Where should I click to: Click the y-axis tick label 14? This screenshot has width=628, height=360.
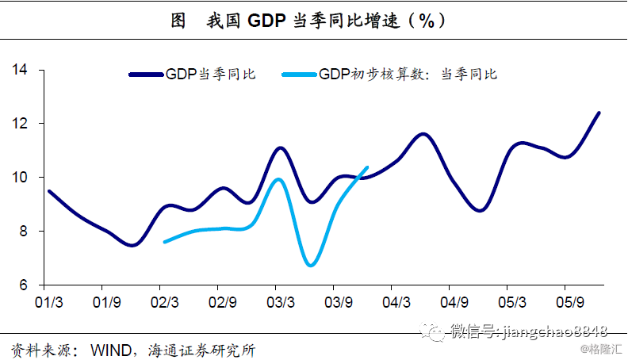[x=20, y=70]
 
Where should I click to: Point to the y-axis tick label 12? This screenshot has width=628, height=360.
[x=20, y=124]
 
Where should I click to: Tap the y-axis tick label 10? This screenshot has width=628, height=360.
[x=20, y=178]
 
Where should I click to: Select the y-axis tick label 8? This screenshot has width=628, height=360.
[x=23, y=232]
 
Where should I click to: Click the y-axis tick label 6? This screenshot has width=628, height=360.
[x=23, y=285]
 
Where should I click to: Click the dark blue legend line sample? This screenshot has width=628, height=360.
[x=147, y=75]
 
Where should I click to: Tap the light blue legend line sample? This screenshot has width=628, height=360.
[x=301, y=75]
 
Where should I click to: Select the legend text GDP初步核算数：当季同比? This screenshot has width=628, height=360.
[x=408, y=75]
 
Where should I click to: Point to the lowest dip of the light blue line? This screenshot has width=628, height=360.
[x=311, y=265]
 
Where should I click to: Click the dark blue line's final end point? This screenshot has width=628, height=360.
[x=599, y=113]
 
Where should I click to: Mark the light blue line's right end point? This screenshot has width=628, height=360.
[x=367, y=167]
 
